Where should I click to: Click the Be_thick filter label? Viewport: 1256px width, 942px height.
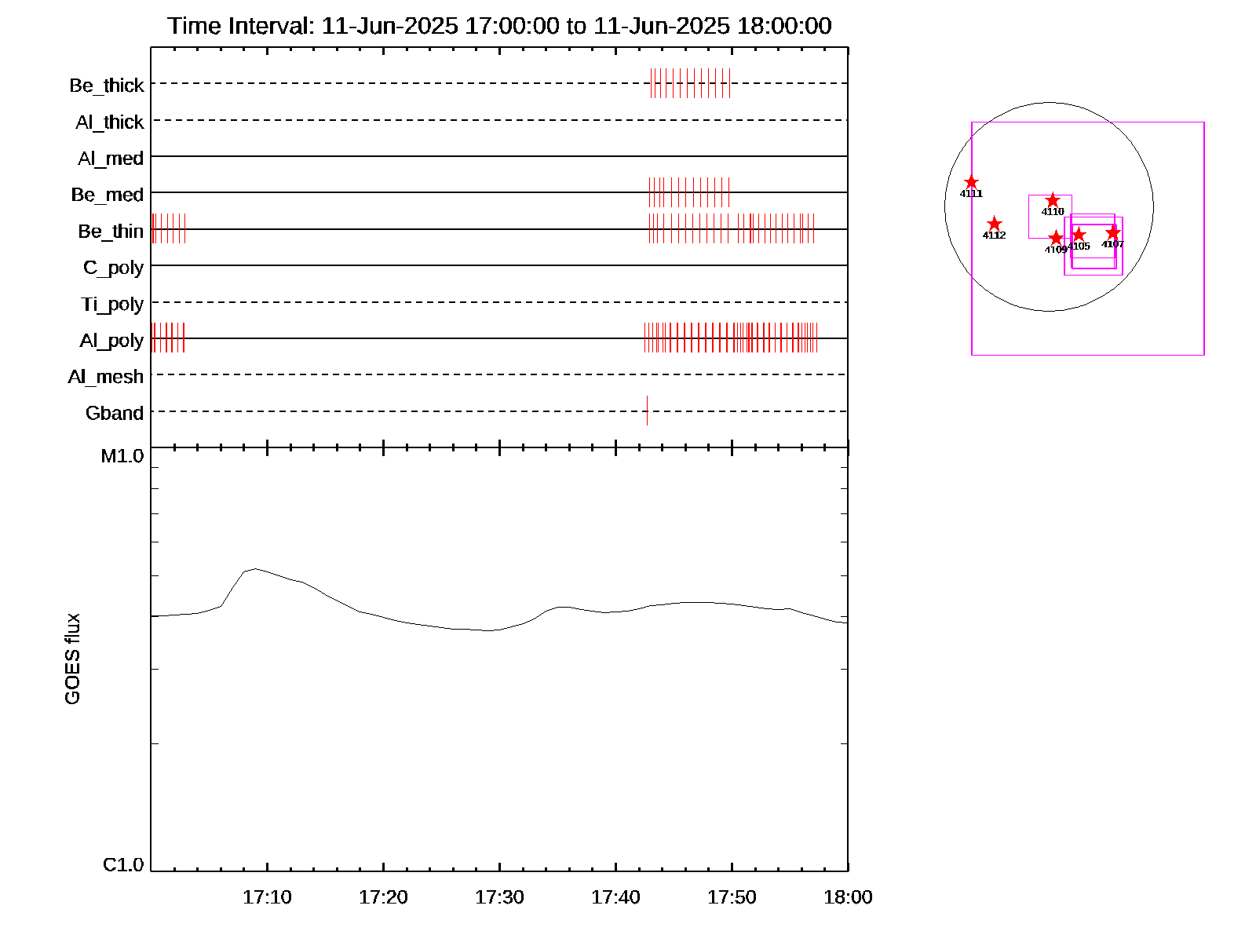(x=107, y=85)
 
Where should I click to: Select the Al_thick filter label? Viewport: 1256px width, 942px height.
(x=110, y=122)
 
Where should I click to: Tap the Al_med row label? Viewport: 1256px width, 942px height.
(x=111, y=159)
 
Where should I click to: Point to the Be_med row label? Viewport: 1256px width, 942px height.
(x=108, y=195)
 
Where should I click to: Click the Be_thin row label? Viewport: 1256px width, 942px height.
(x=111, y=231)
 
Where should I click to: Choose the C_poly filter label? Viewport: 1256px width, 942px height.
(x=113, y=268)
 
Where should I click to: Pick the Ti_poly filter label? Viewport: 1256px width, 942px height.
(x=112, y=304)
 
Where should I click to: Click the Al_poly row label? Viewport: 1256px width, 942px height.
(x=111, y=340)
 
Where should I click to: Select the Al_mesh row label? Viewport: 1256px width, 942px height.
(x=106, y=377)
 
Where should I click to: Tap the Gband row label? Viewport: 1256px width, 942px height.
(x=115, y=413)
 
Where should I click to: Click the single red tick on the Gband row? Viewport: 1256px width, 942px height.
(x=647, y=411)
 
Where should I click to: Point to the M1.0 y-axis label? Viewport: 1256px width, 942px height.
(x=122, y=456)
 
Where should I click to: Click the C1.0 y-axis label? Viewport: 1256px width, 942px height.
(x=123, y=864)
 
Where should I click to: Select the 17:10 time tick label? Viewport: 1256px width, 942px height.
(x=267, y=897)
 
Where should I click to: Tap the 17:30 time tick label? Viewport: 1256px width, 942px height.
(x=499, y=897)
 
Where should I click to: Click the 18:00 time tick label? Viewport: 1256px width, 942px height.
(x=848, y=897)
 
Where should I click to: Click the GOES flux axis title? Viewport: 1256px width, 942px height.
(x=72, y=659)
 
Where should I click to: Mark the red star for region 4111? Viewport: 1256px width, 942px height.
(x=971, y=182)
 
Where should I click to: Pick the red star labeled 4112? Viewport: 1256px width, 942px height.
(x=994, y=224)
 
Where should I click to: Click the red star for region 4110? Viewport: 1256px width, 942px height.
(x=1053, y=201)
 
